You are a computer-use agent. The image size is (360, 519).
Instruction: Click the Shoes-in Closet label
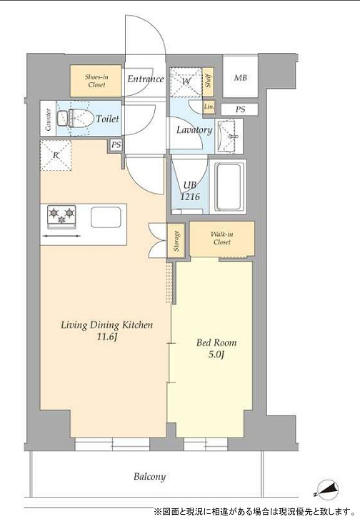[96, 81]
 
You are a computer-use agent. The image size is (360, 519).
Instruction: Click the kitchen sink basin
[106, 217]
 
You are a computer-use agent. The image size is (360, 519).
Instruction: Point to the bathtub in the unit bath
[228, 187]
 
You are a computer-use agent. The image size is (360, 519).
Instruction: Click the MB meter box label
[240, 78]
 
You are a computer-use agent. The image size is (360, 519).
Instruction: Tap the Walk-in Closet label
[222, 238]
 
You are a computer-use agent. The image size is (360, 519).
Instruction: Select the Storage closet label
[176, 241]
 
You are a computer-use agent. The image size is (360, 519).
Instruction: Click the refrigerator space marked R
[56, 155]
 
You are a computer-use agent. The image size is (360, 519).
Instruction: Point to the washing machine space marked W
[186, 81]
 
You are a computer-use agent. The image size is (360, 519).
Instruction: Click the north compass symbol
[326, 490]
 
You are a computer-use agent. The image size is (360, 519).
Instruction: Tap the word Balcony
[149, 477]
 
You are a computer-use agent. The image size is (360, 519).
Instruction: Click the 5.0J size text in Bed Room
[216, 355]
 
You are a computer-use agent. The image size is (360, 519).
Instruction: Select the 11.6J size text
[106, 337]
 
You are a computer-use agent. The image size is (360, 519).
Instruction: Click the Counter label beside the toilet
[49, 120]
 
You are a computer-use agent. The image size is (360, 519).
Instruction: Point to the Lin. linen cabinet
[209, 107]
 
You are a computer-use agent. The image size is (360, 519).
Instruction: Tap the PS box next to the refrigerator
[116, 145]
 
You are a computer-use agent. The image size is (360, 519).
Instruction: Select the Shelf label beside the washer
[208, 80]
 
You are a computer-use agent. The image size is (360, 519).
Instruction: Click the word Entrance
[146, 79]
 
